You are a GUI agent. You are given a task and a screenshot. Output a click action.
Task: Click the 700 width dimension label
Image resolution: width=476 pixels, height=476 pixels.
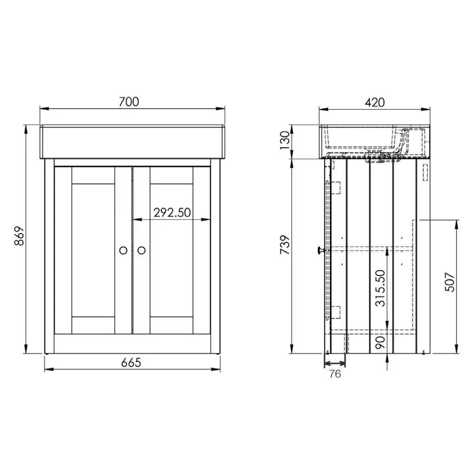(129, 102)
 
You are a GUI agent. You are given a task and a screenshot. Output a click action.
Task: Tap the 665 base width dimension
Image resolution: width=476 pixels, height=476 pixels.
(131, 363)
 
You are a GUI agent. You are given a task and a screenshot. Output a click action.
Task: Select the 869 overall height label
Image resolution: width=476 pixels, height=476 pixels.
(19, 236)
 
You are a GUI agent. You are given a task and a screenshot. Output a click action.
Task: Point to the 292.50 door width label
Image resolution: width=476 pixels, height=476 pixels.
(172, 213)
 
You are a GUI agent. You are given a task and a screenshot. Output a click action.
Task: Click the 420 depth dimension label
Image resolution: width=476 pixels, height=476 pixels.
(375, 102)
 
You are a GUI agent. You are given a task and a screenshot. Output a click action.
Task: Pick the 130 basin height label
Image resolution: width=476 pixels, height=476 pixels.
(284, 140)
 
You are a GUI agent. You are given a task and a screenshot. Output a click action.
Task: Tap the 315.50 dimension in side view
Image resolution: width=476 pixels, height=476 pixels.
(380, 288)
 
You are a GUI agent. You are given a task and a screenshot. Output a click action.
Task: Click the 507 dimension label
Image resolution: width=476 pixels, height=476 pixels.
(449, 282)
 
